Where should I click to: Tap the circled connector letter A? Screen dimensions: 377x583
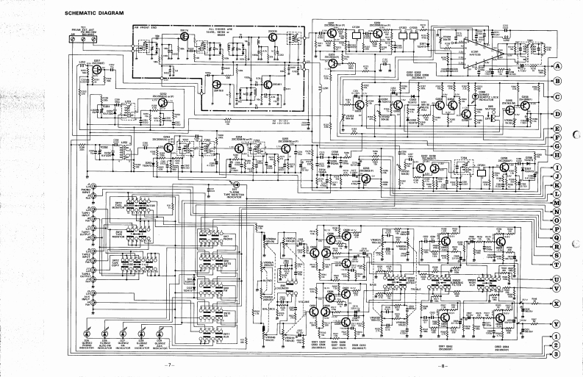tap(557, 65)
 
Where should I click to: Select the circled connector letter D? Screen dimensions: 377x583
tap(557, 114)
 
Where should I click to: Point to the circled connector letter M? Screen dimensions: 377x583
tap(557, 202)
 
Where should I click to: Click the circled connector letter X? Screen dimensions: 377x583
tap(557, 303)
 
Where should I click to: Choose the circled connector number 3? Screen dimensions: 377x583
tap(557, 354)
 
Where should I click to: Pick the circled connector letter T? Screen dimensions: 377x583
tap(557, 264)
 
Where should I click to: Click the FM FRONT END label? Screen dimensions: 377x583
tap(148, 26)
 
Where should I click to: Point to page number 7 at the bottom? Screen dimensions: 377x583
tap(168, 365)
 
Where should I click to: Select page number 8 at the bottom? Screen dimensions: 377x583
tap(443, 365)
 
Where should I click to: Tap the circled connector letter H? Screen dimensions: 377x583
tap(557, 154)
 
